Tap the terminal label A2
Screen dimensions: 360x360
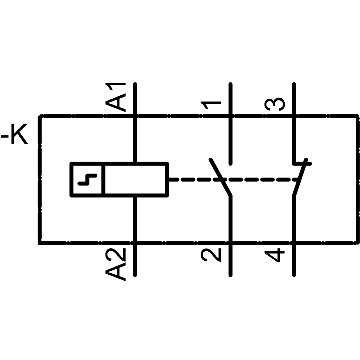pos(116,264)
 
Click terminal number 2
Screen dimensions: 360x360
pos(211,254)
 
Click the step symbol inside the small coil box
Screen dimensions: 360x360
pos(87,179)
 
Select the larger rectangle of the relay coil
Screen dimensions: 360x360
pos(136,179)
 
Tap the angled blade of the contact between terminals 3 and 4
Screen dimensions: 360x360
pos(300,178)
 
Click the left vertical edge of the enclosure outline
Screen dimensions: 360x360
pos(39,180)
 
